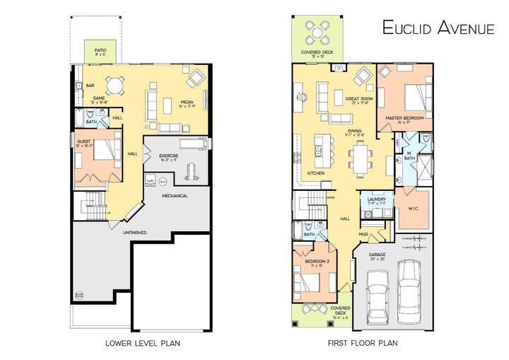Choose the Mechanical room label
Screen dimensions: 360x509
pos(175,195)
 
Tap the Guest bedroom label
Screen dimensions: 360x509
pos(83,143)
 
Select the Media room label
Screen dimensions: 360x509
pos(187,102)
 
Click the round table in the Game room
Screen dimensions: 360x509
pos(114,81)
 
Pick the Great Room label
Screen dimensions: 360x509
pos(358,99)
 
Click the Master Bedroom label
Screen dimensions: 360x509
pos(404,118)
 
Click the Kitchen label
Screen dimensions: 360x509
pos(315,173)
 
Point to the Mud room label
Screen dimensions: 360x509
pos(363,233)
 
